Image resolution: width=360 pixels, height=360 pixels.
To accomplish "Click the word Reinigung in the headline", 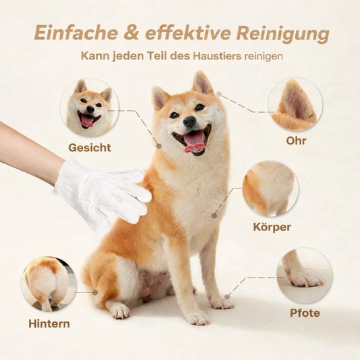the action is [283, 33].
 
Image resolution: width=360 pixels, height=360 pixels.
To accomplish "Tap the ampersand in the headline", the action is [131, 32].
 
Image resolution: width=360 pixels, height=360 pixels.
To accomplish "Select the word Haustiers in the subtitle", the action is [217, 56].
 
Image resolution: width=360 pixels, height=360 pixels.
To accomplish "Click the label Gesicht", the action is [90, 148].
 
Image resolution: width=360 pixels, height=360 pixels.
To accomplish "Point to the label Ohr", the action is [296, 140].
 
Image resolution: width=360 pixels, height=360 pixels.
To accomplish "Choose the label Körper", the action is [272, 227].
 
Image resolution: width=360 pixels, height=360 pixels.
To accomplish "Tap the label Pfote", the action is [305, 313].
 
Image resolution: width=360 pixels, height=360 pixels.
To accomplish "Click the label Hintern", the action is [49, 324].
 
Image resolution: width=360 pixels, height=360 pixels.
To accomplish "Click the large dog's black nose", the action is [190, 121].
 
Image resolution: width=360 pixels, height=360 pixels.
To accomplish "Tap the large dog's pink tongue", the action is [195, 143].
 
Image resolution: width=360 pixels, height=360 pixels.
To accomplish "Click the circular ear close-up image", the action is [295, 105].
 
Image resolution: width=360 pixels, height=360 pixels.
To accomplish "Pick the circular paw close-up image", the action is [305, 276].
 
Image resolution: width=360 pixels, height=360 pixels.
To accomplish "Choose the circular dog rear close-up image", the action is [49, 284].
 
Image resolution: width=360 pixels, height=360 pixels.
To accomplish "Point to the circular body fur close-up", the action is [270, 188].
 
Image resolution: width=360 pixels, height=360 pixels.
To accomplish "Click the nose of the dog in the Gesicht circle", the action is [91, 109].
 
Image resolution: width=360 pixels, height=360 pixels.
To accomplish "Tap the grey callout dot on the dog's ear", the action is [220, 94].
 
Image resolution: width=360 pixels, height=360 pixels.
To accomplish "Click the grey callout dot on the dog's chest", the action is [214, 215].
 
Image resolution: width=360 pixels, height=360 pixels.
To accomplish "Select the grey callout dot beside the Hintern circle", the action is [95, 292].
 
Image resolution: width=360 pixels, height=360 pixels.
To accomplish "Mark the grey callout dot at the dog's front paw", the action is [227, 297].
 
